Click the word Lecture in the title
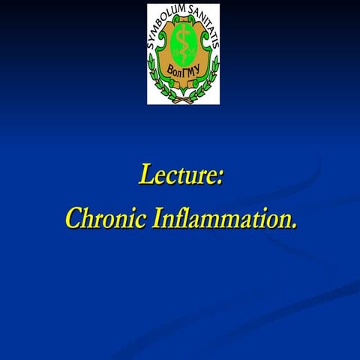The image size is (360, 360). pos(178,175)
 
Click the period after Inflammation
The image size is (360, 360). pos(293,224)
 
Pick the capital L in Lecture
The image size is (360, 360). pos(145,175)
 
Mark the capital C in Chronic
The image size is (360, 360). pos(73,218)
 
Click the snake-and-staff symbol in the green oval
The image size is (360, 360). pos(183,43)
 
